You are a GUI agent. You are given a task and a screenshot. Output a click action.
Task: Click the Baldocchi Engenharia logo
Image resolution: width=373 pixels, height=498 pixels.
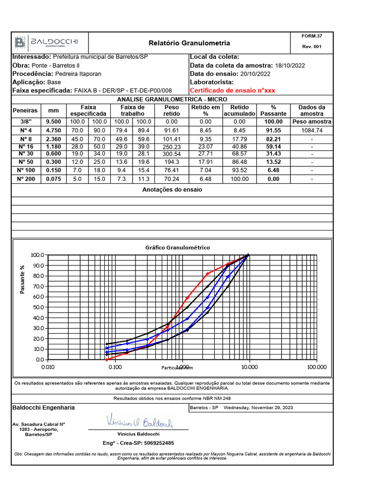click(x=46, y=42)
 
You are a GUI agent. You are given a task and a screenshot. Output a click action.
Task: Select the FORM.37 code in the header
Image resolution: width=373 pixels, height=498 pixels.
click(x=312, y=36)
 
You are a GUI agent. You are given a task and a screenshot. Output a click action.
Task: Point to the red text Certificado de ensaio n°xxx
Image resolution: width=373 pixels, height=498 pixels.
click(x=232, y=90)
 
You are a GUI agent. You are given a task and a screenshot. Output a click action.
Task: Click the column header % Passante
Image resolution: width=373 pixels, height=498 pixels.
click(x=273, y=110)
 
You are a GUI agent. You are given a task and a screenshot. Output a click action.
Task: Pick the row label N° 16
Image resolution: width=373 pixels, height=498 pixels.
click(x=26, y=146)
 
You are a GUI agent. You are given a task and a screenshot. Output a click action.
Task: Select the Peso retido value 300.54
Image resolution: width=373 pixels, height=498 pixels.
click(x=172, y=154)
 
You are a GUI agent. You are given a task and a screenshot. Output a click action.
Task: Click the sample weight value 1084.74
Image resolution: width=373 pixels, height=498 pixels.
click(x=312, y=130)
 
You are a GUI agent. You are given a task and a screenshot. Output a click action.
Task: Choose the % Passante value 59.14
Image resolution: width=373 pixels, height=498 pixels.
click(x=273, y=146)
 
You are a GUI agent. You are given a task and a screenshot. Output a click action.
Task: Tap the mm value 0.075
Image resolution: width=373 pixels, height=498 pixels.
click(x=53, y=179)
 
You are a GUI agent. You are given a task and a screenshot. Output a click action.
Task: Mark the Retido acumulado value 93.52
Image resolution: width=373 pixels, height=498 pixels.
click(x=239, y=170)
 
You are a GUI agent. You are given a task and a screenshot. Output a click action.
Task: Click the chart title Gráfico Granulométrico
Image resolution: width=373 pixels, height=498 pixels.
click(x=178, y=248)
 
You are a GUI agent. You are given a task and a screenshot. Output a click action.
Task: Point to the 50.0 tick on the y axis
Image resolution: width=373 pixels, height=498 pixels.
click(x=37, y=307)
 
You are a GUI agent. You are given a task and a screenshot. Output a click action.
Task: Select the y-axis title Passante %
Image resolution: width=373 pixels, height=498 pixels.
click(x=22, y=280)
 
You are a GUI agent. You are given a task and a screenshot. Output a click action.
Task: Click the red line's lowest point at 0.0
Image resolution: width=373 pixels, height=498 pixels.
click(x=107, y=359)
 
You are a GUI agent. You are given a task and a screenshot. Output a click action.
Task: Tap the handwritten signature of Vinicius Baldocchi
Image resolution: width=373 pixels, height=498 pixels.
click(x=138, y=422)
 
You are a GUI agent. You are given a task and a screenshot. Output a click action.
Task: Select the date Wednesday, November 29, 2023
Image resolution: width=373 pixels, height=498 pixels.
click(x=258, y=408)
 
